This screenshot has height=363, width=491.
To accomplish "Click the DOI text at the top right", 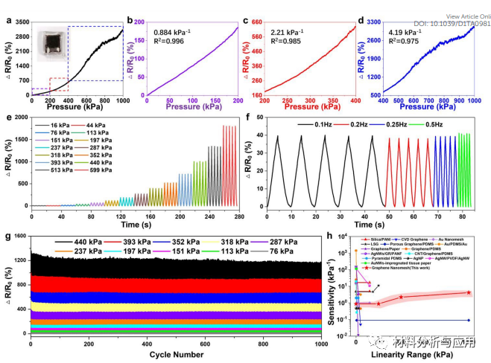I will [x=452, y=24].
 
